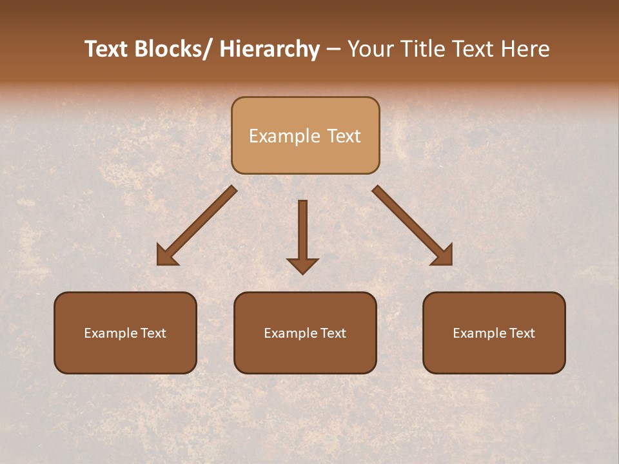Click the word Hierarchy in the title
(270, 49)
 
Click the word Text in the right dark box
(522, 333)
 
